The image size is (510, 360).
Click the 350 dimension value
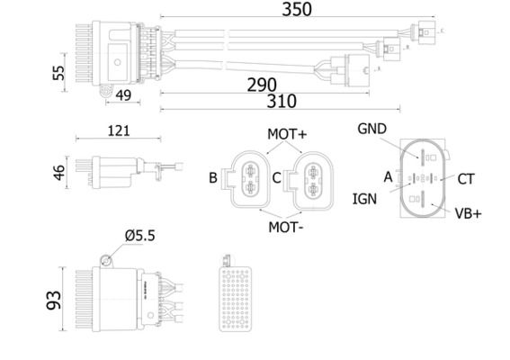(x=296, y=10)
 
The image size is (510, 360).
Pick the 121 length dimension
(x=118, y=130)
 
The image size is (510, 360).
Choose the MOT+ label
(x=287, y=134)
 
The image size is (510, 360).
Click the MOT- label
(x=286, y=227)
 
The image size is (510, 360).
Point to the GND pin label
(x=372, y=129)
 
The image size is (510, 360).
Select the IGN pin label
(x=364, y=199)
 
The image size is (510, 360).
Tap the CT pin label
(x=465, y=179)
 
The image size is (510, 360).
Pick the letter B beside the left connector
(x=213, y=178)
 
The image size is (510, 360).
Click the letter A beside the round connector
(x=388, y=177)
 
